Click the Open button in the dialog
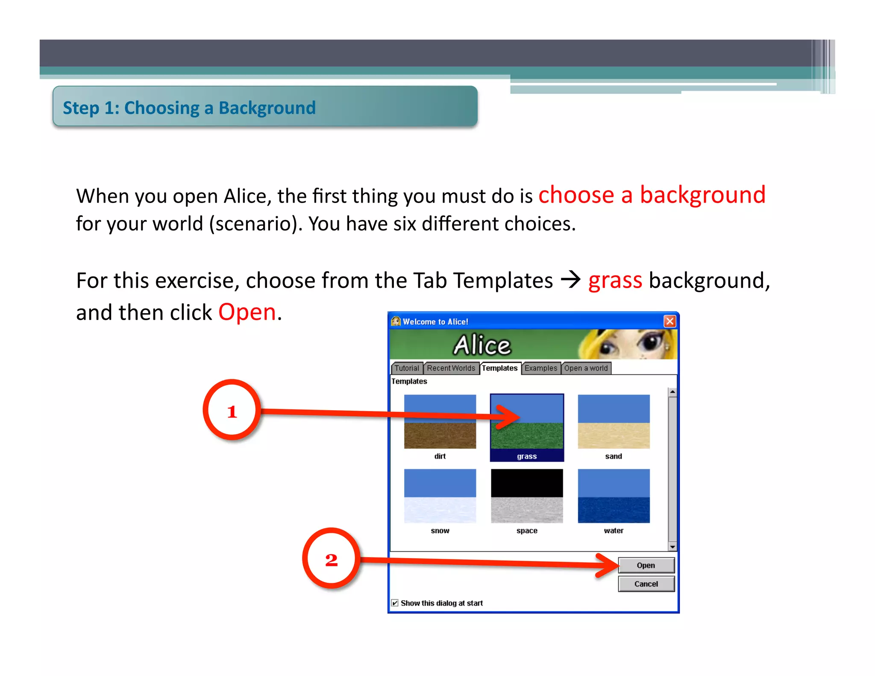(x=646, y=565)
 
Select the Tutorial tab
(x=406, y=368)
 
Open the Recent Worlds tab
(x=451, y=368)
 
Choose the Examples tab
(x=540, y=368)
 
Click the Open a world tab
(x=586, y=368)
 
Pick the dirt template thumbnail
(x=440, y=421)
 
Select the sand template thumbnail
(x=614, y=421)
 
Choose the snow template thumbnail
(x=440, y=496)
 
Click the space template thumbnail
(x=527, y=496)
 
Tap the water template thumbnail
(x=614, y=496)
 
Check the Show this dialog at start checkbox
(x=395, y=603)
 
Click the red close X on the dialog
(x=669, y=321)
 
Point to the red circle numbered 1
(x=232, y=410)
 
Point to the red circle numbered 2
(x=331, y=558)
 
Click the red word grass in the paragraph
(x=615, y=281)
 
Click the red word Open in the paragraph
(x=247, y=312)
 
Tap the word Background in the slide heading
(x=267, y=108)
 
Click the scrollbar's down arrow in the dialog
(x=672, y=547)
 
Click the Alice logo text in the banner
(x=482, y=345)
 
